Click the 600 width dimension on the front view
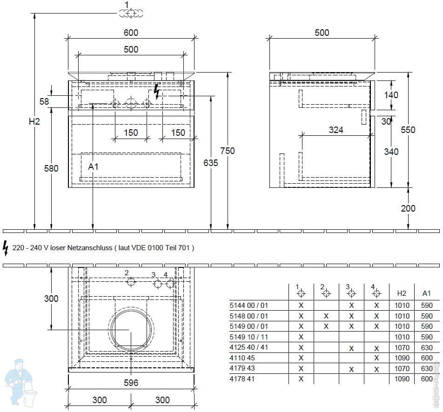pyautogui.click(x=131, y=33)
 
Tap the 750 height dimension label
pyautogui.click(x=228, y=151)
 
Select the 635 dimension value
pyautogui.click(x=211, y=163)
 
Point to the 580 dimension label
pyautogui.click(x=51, y=169)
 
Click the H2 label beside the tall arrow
pyautogui.click(x=34, y=122)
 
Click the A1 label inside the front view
pyautogui.click(x=93, y=166)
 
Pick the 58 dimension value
pyautogui.click(x=44, y=101)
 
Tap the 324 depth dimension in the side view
pyautogui.click(x=336, y=130)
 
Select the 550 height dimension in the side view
pyautogui.click(x=408, y=130)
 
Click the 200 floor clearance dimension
pyautogui.click(x=408, y=208)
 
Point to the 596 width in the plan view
pyautogui.click(x=131, y=383)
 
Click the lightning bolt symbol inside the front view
pyautogui.click(x=156, y=92)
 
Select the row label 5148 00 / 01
pyautogui.click(x=248, y=316)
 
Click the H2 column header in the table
pyautogui.click(x=402, y=293)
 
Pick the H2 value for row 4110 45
pyautogui.click(x=402, y=358)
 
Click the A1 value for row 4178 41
pyautogui.click(x=427, y=379)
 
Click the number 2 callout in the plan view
pyautogui.click(x=127, y=273)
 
